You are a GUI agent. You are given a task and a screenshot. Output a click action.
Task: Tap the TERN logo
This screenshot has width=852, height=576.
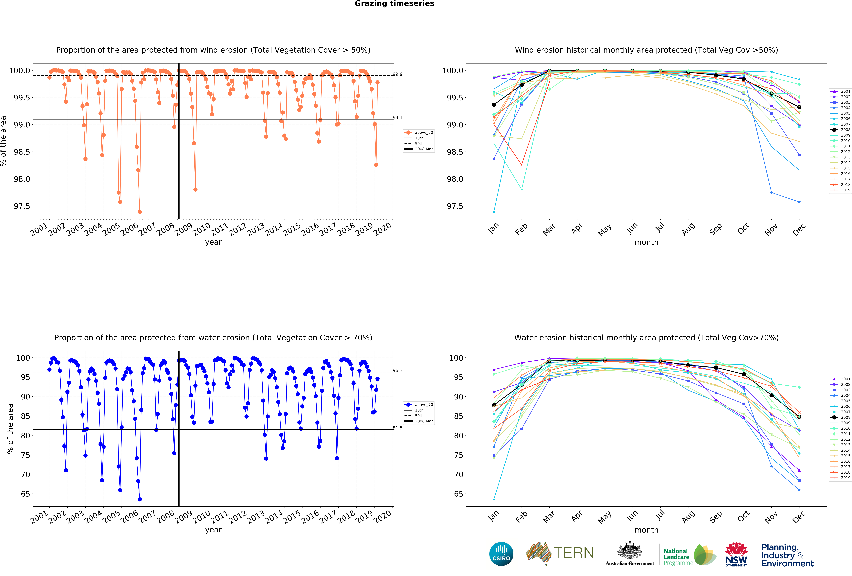(x=560, y=553)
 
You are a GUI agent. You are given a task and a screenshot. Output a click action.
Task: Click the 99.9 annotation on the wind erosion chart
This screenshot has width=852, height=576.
(x=397, y=74)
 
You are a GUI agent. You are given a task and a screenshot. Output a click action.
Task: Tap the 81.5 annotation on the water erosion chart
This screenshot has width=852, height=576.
(x=397, y=428)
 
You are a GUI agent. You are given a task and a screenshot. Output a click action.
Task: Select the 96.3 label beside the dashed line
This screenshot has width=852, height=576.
(x=397, y=371)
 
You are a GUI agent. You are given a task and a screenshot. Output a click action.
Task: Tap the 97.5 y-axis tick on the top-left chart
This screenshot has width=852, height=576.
(x=22, y=206)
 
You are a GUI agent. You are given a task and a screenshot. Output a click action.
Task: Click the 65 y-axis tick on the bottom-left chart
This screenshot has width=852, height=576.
(x=25, y=494)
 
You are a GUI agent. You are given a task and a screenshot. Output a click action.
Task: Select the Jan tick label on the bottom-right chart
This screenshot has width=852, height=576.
(x=493, y=516)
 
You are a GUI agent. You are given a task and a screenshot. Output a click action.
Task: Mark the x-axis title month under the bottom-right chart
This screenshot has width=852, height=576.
(x=646, y=530)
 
